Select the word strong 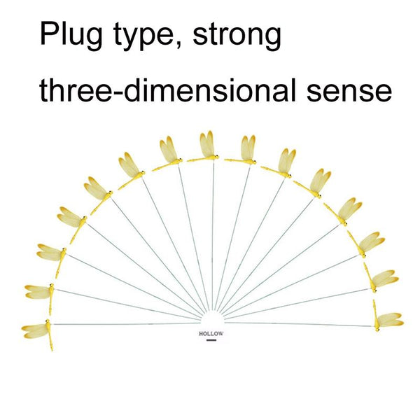238,35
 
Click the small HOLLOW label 210,335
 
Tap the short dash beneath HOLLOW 210,343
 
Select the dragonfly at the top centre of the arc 207,147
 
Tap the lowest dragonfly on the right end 387,321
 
